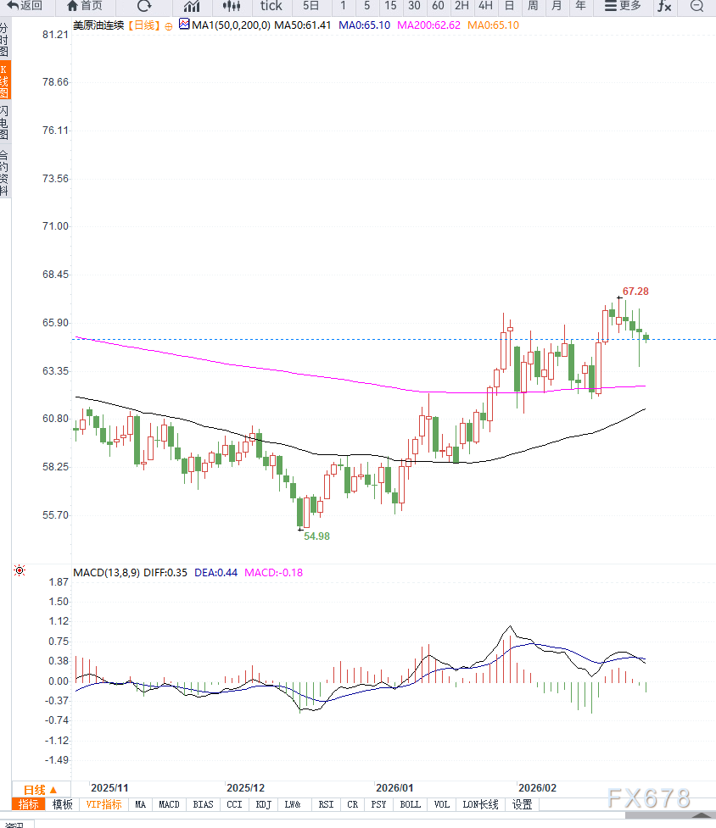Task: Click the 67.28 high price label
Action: [x=635, y=292]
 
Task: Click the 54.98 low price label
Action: [x=316, y=536]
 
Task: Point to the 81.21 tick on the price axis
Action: [x=55, y=35]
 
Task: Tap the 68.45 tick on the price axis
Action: [x=55, y=275]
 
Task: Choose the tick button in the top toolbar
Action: [x=271, y=6]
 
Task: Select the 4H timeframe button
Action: [x=485, y=6]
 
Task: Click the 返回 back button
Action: [x=25, y=6]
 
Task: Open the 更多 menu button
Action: [x=623, y=6]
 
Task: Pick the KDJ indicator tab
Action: [x=264, y=804]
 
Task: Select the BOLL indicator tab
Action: [x=410, y=804]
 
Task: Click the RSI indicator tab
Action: [x=325, y=804]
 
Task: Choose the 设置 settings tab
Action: [x=522, y=804]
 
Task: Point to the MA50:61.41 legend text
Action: [x=305, y=25]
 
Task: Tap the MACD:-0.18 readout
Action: [x=274, y=572]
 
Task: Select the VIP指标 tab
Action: [x=103, y=804]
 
